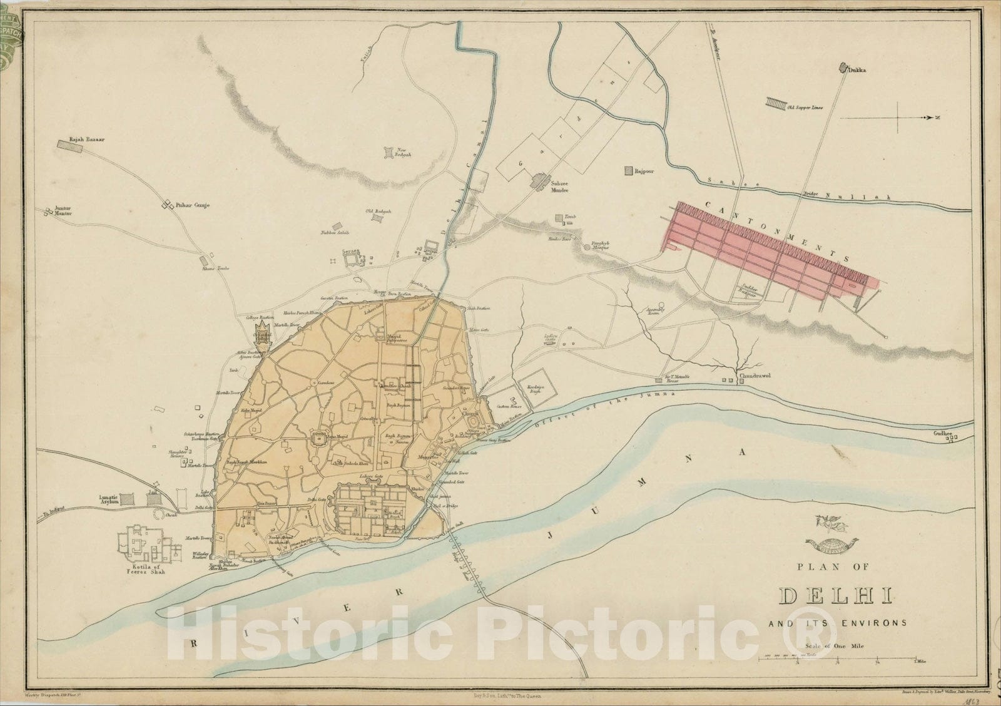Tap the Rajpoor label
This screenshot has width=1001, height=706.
(x=644, y=170)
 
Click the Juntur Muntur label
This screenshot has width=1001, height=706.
(x=59, y=213)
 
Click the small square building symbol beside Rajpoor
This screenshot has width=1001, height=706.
(x=628, y=170)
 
